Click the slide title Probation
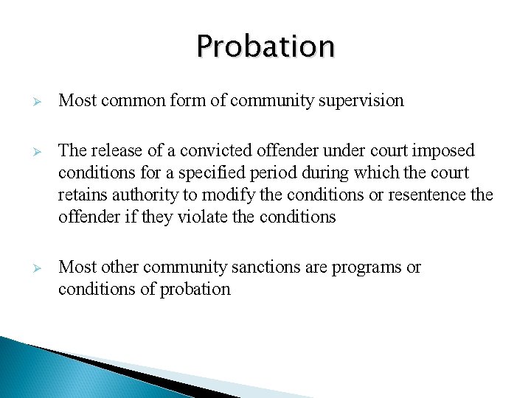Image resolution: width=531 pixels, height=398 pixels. pos(265,46)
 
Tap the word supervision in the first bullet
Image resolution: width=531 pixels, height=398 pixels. pos(362,100)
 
